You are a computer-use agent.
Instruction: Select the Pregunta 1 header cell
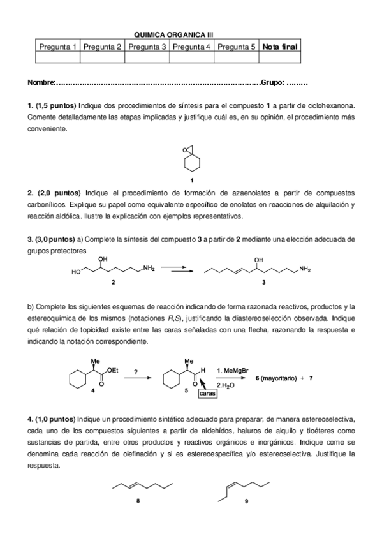58,47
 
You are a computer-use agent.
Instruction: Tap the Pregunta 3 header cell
147,47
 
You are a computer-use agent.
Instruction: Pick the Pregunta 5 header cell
236,47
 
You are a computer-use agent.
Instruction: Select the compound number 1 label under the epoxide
192,180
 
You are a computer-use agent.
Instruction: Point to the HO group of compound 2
76,272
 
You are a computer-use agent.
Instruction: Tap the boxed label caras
207,394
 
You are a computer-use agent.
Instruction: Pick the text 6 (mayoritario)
276,378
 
